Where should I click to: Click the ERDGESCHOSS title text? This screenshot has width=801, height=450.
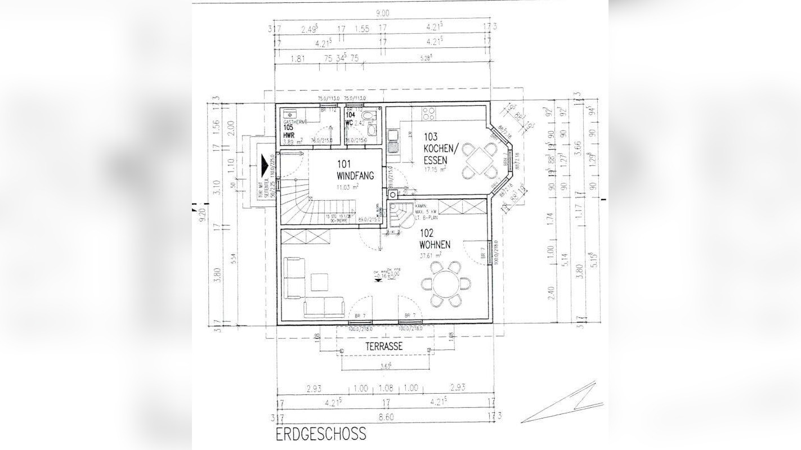[321, 434]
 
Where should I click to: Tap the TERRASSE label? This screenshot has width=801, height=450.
[384, 346]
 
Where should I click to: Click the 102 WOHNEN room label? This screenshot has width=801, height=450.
[435, 240]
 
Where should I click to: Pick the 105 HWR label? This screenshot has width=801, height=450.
[289, 130]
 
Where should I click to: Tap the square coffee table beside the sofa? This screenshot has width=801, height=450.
[320, 282]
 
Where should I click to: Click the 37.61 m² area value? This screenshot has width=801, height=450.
[430, 254]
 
